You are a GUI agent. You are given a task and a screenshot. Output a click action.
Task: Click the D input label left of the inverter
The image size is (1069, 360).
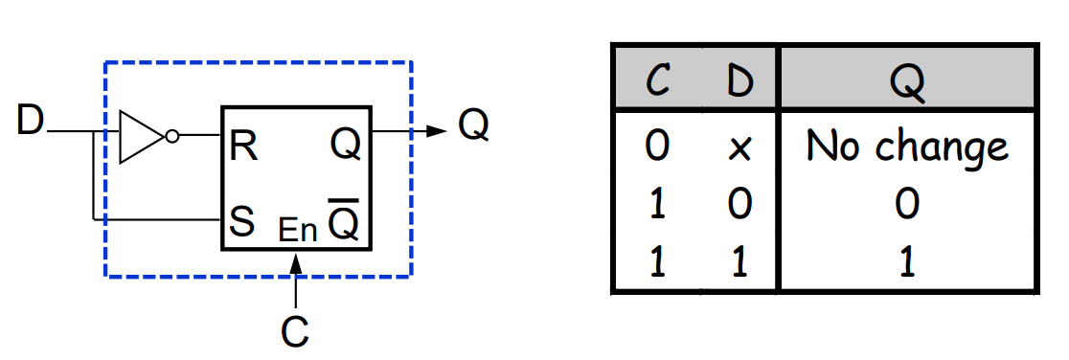(30, 122)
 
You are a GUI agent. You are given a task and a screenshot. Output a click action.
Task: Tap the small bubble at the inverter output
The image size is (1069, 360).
(172, 137)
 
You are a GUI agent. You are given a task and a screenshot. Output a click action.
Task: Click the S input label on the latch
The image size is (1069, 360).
(242, 221)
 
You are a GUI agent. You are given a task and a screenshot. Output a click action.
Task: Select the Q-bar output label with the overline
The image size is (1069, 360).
(344, 219)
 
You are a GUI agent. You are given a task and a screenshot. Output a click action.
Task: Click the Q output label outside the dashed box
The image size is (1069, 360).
(473, 125)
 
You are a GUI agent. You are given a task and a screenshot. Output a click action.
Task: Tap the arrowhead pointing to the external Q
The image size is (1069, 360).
(437, 131)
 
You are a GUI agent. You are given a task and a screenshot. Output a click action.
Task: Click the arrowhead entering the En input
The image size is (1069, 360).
(296, 261)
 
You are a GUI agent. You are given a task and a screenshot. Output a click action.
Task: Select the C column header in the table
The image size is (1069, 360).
(656, 83)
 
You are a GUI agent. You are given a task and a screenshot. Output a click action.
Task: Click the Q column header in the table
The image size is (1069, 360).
(907, 84)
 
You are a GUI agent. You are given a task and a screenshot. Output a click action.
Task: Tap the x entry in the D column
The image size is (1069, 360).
(739, 148)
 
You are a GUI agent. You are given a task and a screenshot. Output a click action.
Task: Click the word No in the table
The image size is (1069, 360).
(831, 145)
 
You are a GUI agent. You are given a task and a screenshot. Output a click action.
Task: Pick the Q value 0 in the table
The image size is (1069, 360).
(907, 204)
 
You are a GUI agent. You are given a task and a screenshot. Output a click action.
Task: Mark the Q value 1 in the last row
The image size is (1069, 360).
(907, 261)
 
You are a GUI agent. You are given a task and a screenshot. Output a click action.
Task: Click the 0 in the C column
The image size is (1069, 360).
(656, 146)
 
